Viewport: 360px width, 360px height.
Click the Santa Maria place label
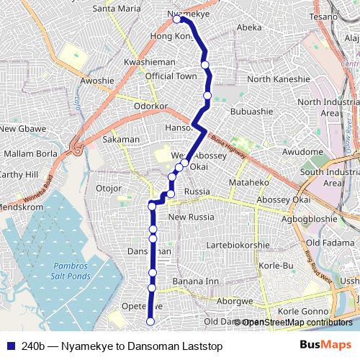(117, 9)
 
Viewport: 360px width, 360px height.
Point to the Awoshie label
(97, 81)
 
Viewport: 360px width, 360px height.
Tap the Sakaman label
(121, 139)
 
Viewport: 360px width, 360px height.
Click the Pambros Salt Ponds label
(71, 271)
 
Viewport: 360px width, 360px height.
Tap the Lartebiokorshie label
(238, 245)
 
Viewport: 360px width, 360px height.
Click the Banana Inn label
(196, 281)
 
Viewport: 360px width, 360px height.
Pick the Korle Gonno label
(303, 311)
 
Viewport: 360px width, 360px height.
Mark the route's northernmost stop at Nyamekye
(176, 19)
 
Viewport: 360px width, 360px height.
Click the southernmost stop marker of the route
(150, 322)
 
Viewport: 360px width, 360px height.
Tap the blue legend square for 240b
(10, 345)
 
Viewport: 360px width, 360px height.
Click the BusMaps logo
(325, 345)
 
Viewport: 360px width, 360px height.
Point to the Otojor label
(109, 189)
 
